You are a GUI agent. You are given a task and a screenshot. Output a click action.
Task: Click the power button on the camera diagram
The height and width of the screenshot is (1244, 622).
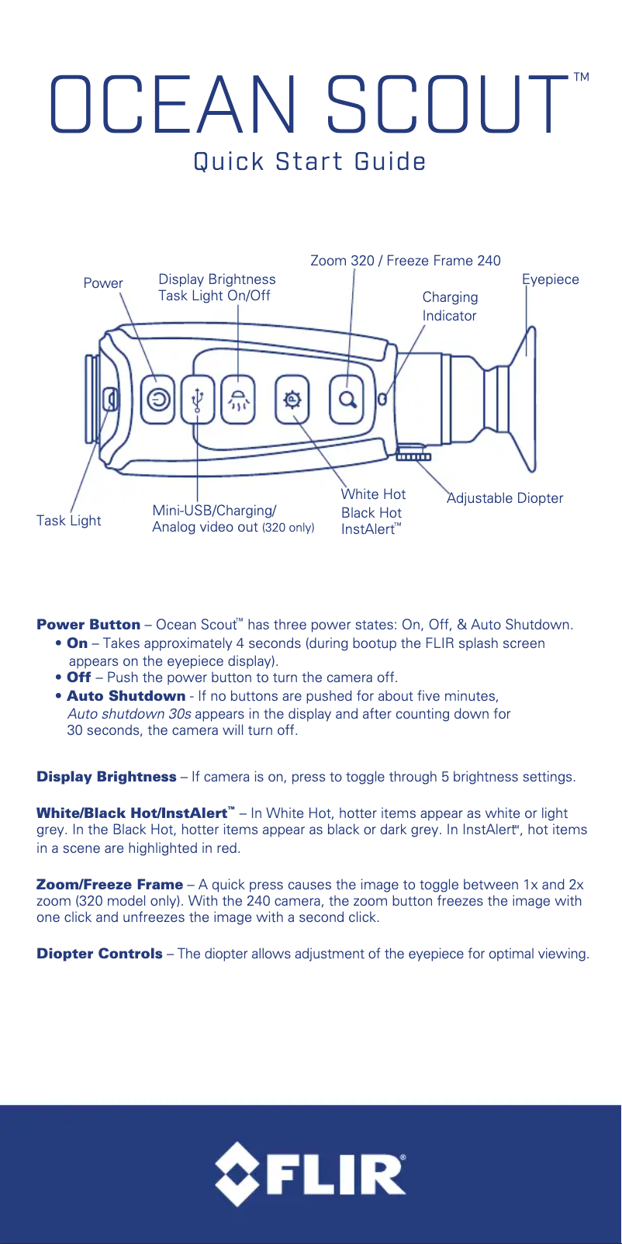click(x=159, y=400)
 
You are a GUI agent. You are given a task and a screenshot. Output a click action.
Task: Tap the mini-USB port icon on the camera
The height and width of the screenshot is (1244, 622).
click(x=198, y=400)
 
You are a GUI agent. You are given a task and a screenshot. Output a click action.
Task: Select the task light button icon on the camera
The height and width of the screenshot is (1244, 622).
click(x=238, y=400)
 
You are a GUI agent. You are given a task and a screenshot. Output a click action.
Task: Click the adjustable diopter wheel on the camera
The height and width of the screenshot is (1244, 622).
click(x=413, y=456)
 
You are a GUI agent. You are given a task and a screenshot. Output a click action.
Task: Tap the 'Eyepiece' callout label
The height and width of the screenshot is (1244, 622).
click(x=550, y=279)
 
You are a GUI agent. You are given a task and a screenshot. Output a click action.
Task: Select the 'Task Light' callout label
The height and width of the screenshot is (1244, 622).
click(x=68, y=521)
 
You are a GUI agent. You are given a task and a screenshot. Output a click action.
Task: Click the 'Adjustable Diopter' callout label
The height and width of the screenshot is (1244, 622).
click(x=505, y=498)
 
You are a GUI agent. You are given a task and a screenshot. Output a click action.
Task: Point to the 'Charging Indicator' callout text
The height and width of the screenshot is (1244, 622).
click(x=450, y=307)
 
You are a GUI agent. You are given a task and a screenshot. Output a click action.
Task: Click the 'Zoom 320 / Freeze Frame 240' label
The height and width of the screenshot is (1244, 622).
click(x=405, y=261)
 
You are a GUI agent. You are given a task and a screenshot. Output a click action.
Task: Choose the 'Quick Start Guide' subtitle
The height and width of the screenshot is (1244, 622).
click(x=309, y=162)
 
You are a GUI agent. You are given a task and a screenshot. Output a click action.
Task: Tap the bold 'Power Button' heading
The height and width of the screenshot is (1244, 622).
click(x=88, y=625)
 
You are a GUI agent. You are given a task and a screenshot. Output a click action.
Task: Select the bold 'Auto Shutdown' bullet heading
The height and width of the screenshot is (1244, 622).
click(x=126, y=696)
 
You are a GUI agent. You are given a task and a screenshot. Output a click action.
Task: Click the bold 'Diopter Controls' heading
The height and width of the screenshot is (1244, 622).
click(x=99, y=954)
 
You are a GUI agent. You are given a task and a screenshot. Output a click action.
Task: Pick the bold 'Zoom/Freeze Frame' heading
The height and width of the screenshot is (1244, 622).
click(x=109, y=885)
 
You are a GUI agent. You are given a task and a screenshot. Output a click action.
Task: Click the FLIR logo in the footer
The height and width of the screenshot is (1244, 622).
click(x=310, y=1173)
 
